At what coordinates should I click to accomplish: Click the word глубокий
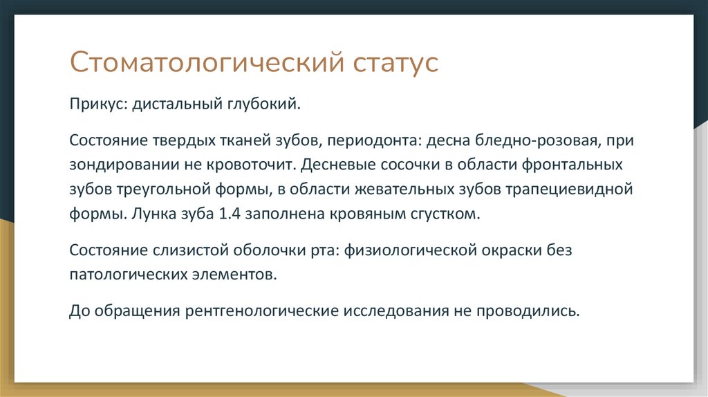pyautogui.click(x=263, y=105)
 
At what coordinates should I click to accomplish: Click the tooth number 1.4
pyautogui.click(x=230, y=214)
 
